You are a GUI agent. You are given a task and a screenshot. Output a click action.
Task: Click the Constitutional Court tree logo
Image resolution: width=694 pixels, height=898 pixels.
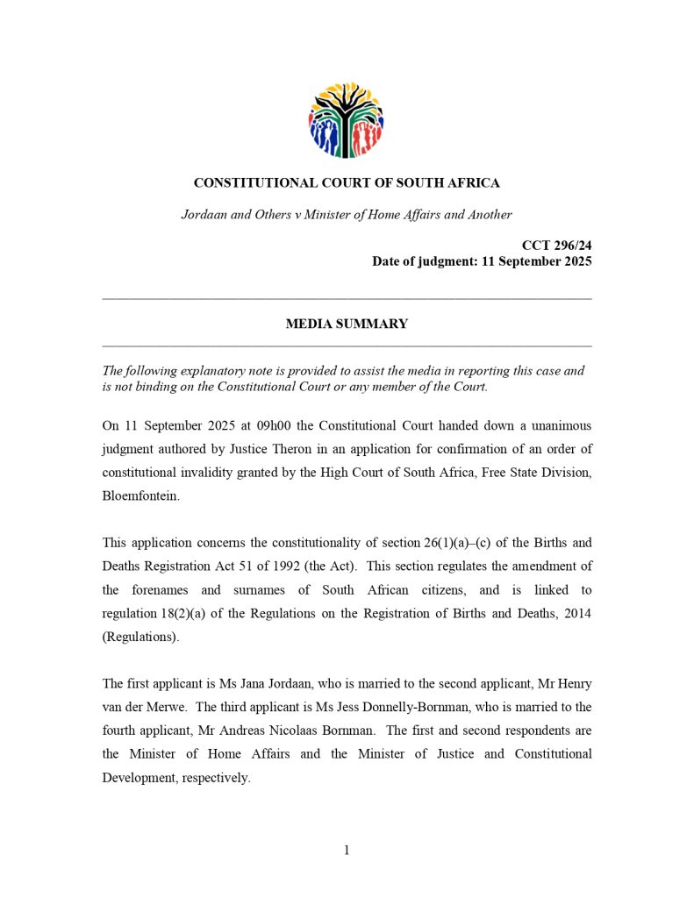pos(346,120)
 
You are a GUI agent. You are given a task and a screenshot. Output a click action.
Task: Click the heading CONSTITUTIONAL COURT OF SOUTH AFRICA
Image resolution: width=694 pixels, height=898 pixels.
pos(347,183)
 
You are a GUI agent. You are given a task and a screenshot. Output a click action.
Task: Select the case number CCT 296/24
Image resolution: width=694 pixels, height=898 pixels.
pos(556,246)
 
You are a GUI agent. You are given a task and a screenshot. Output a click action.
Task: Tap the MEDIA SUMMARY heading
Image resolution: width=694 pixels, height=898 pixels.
pos(347,324)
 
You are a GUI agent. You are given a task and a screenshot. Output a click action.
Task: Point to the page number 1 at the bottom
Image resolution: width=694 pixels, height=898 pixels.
pos(347,849)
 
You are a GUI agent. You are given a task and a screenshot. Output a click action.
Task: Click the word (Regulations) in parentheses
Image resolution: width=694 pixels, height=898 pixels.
pos(140,637)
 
